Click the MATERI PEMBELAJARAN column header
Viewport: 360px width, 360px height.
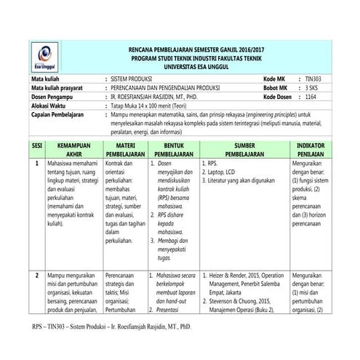124,150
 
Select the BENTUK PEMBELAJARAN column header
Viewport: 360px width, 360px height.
172,150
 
